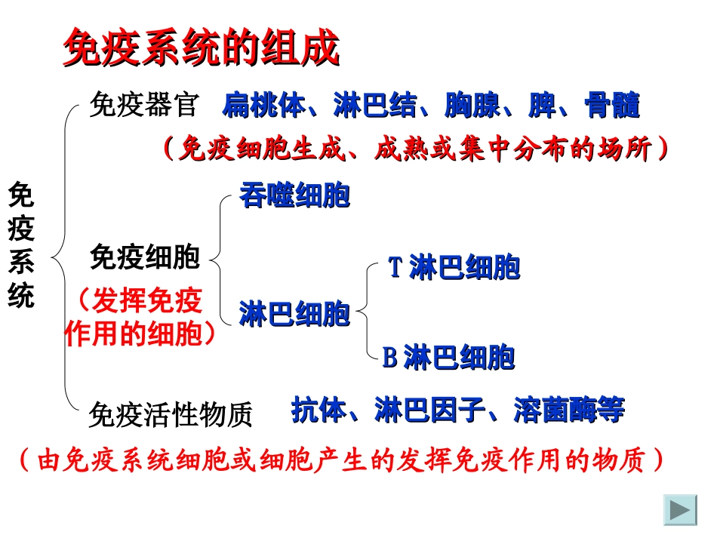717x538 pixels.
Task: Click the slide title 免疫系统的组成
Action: [200, 50]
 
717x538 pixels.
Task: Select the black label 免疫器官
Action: [143, 105]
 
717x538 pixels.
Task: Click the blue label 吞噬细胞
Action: [294, 195]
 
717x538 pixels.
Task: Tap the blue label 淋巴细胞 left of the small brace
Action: [294, 313]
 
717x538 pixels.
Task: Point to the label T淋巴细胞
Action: [454, 267]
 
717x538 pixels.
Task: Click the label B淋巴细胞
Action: [448, 357]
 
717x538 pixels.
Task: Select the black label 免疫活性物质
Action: [171, 414]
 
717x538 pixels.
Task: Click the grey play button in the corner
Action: [680, 510]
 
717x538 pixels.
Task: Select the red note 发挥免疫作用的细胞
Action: [140, 318]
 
